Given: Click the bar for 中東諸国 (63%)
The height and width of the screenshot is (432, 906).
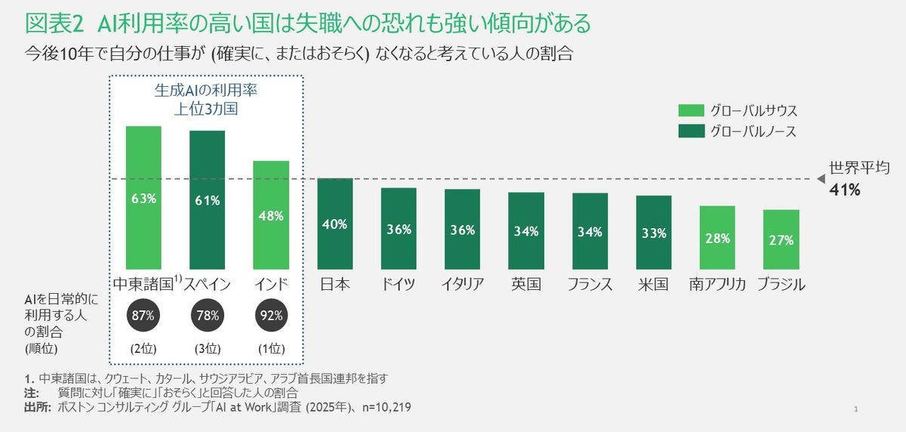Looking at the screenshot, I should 143,199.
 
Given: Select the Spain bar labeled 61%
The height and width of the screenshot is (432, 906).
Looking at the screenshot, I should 207,200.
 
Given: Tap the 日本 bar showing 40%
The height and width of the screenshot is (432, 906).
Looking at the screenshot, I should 334,224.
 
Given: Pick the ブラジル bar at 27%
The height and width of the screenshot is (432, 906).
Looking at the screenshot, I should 781,240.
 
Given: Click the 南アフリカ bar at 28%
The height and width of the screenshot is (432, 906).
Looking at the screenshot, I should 716,238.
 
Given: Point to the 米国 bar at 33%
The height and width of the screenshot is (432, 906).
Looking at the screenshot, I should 653,233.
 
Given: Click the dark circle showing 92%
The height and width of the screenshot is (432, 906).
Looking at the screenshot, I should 270,316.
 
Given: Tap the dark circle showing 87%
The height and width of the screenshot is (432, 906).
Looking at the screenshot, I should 143,316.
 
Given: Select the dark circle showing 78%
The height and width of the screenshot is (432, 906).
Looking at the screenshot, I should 207,316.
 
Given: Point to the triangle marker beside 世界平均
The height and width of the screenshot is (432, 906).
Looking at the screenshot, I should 819,179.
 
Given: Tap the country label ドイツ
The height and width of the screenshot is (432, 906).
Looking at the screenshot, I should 399,285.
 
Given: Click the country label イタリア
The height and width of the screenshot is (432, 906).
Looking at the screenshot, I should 462,285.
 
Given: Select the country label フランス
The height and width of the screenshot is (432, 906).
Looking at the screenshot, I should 589,285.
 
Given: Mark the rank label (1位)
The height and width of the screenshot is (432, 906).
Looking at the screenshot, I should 270,348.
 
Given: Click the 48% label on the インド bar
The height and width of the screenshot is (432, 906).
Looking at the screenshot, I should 270,215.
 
